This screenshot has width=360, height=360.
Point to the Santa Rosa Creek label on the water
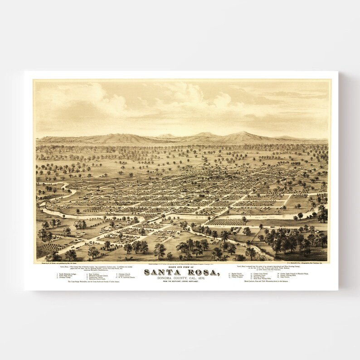[253, 218]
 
